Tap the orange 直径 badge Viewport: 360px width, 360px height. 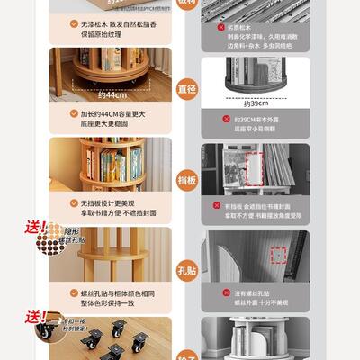point(185,90)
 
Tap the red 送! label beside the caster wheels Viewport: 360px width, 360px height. point(37,316)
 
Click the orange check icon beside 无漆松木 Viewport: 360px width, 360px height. point(75,26)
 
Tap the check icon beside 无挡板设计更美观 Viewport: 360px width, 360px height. point(75,204)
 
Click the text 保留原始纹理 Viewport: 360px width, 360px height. point(101,34)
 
